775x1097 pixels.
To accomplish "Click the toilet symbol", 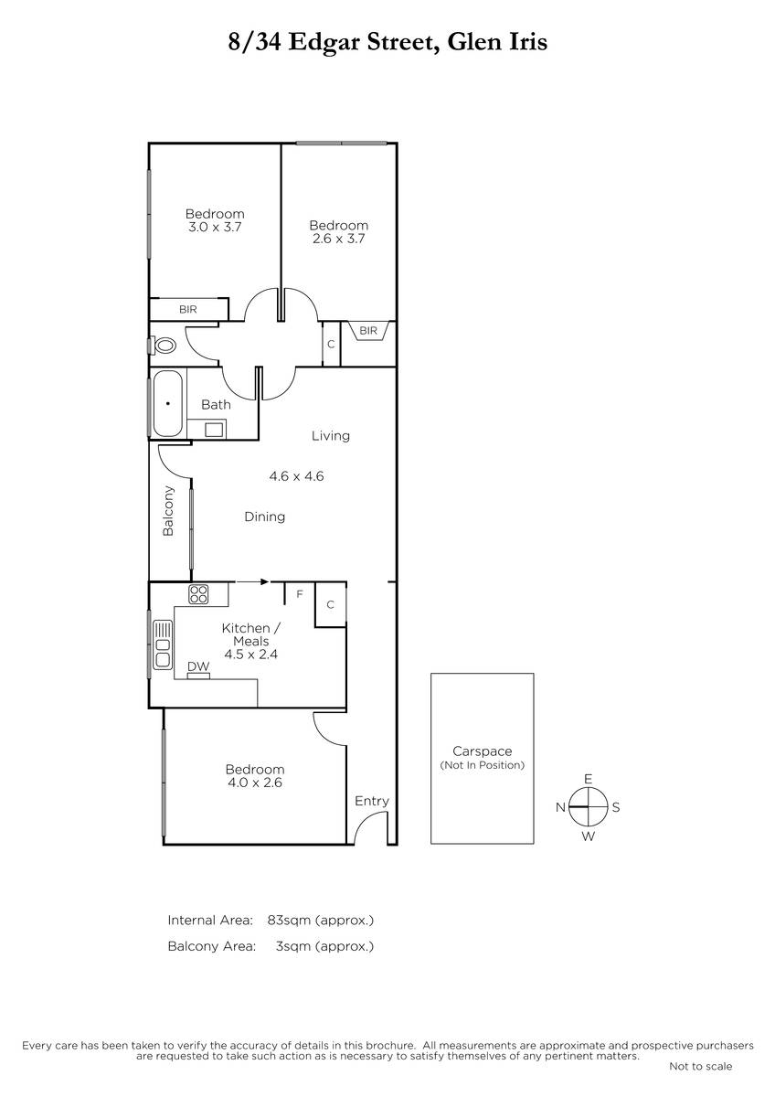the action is pos(164,345).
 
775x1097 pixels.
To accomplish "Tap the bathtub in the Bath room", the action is pos(167,403).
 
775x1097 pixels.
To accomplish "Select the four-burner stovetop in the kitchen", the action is pos(198,594).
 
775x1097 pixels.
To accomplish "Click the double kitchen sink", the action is pos(163,644).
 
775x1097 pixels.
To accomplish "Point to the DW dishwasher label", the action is pos(198,666).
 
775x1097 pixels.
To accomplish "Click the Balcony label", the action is pos(168,510).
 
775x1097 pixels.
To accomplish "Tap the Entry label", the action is pos(372,802).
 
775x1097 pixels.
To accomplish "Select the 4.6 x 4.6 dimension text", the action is pos(296,476).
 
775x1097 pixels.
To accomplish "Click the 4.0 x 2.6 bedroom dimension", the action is pos(255,783).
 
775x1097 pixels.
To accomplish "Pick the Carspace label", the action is pos(483,751).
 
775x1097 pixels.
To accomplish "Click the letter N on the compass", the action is pos(560,807).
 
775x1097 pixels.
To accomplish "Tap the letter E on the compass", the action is pos(588,779).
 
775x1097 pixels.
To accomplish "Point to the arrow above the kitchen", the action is pos(252,581).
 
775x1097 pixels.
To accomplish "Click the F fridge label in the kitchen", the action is pos(300,594).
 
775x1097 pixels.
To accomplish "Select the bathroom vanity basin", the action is pos(215,430).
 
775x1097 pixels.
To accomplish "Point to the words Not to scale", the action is pos(701,1066).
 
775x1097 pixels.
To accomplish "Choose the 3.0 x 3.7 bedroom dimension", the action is pos(215,227).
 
